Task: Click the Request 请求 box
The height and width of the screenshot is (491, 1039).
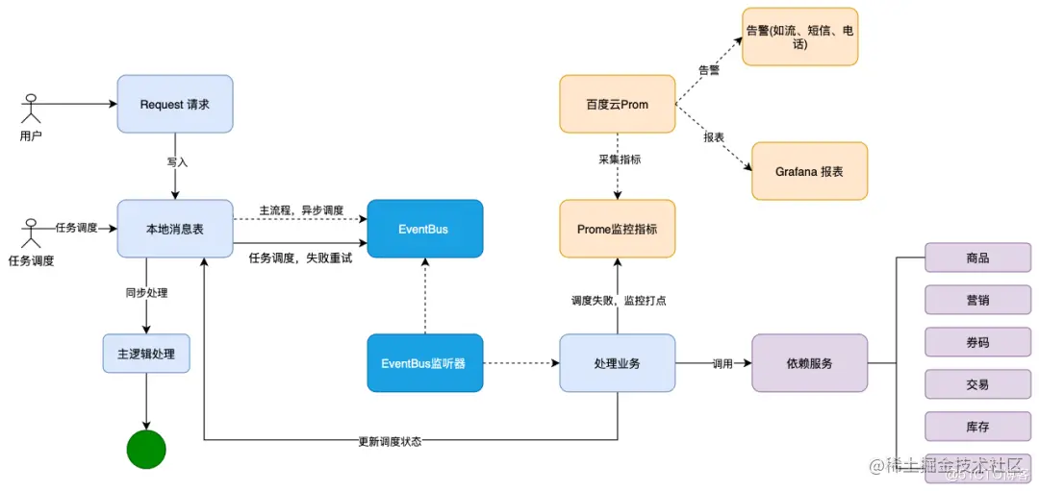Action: tap(175, 104)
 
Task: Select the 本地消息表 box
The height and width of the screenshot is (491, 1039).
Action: tap(175, 229)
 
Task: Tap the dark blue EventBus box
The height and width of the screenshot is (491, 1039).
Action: tap(424, 229)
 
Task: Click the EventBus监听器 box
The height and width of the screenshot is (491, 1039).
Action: tap(424, 363)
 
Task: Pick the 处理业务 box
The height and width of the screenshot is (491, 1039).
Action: tap(617, 363)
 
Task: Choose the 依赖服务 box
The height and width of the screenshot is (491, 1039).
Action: tap(809, 363)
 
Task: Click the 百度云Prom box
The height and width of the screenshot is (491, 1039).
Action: tap(617, 104)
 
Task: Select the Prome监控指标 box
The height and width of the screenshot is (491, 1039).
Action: tap(617, 229)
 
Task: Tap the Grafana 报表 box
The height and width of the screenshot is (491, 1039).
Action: tap(809, 171)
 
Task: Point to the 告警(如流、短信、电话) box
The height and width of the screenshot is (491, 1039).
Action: tap(800, 37)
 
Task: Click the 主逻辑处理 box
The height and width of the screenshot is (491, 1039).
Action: tap(146, 354)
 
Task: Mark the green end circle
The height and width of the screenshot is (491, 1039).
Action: tap(146, 449)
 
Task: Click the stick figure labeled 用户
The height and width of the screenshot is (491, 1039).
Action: tap(32, 107)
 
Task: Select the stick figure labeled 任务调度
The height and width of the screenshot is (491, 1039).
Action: tap(31, 233)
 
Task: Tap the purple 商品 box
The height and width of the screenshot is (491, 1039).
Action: tap(977, 258)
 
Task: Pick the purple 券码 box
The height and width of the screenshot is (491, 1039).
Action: tap(977, 342)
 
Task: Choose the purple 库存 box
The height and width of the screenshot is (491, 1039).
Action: tap(977, 426)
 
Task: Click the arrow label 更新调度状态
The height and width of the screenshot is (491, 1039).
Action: tap(390, 442)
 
